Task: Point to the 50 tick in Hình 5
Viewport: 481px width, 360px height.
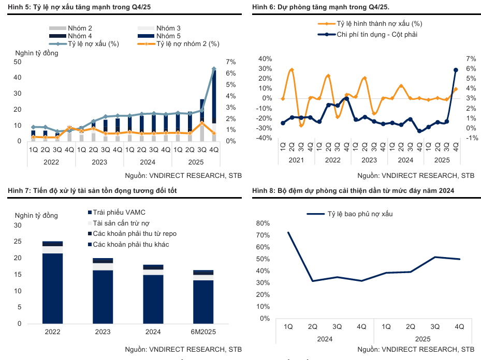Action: pos(18,62)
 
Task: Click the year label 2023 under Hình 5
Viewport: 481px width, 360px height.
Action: pos(99,162)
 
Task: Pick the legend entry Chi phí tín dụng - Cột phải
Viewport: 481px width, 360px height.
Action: pos(377,34)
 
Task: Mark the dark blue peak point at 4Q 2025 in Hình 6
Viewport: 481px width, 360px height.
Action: pos(456,70)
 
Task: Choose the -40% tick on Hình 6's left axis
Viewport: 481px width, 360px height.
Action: pos(265,138)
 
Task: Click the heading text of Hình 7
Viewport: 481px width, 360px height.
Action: pos(92,191)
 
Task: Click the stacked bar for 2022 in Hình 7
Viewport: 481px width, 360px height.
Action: pos(52,282)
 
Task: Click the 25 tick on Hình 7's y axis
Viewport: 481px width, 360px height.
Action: pos(18,242)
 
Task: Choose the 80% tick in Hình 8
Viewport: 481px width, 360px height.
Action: pos(263,223)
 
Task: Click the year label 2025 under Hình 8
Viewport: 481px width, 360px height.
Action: pos(422,339)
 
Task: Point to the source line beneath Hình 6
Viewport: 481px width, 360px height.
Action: pos(415,175)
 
